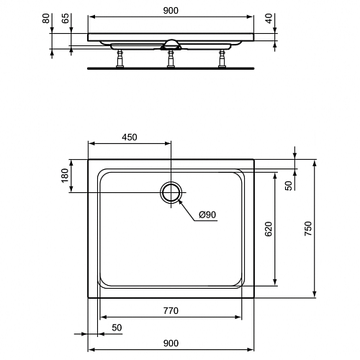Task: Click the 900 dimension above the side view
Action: (x=171, y=11)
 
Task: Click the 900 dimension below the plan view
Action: (x=171, y=343)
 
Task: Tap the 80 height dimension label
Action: (x=46, y=19)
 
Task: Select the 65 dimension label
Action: (x=65, y=18)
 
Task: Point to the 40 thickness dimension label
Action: (x=269, y=19)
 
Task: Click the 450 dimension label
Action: (x=130, y=137)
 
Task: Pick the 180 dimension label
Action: (x=65, y=176)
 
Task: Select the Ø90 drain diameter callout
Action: (x=207, y=215)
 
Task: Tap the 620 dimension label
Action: (x=269, y=229)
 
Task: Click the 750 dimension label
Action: (x=308, y=228)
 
